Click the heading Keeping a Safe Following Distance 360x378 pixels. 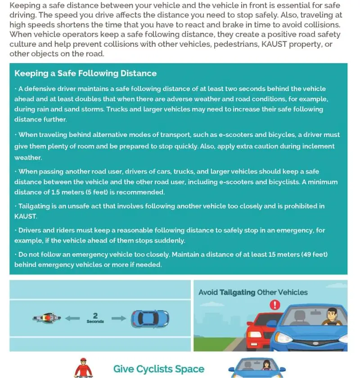click(x=85, y=73)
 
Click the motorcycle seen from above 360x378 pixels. click(x=47, y=318)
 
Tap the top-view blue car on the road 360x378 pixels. click(x=150, y=319)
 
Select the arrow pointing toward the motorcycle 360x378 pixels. click(x=72, y=318)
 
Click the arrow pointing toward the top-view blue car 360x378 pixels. click(x=118, y=318)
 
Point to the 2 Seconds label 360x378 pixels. click(x=95, y=318)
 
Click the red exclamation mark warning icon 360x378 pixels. click(x=274, y=305)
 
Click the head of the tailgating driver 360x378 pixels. click(x=331, y=314)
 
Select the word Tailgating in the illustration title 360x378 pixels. click(x=237, y=292)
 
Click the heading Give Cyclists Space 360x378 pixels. click(x=158, y=369)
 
